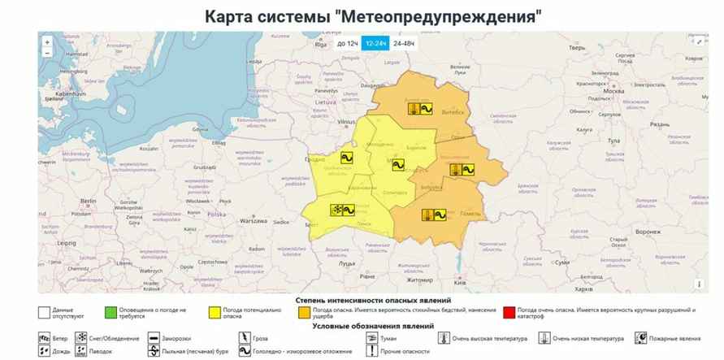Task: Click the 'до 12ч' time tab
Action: (348, 43)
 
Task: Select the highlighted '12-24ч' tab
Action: (375, 43)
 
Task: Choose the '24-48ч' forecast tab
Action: (403, 43)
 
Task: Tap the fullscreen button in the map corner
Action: (699, 41)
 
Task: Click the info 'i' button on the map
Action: (698, 284)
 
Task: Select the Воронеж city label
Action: (648, 232)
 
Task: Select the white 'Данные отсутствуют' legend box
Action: (43, 312)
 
